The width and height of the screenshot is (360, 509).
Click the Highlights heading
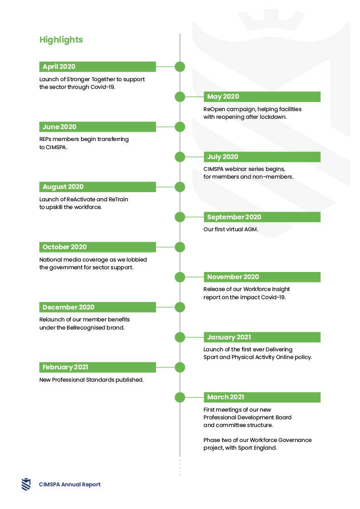tap(61, 39)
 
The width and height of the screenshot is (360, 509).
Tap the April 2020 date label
tap(59, 67)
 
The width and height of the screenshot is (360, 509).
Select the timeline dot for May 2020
tap(180, 97)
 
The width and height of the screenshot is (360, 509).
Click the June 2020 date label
tap(59, 127)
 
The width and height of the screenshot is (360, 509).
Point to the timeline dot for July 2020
tap(180, 157)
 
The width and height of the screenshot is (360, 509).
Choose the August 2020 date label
tap(63, 187)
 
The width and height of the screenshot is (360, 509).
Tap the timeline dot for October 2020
tap(180, 247)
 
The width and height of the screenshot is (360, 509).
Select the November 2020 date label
tap(233, 277)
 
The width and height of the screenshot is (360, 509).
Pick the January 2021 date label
tap(229, 337)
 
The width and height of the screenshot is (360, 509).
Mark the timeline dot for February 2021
tap(180, 367)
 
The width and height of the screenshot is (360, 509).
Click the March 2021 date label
tap(226, 397)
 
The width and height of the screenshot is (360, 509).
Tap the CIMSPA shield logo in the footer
tap(26, 484)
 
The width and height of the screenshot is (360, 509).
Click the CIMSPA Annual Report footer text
tap(69, 485)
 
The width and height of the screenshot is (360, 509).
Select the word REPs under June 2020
tap(45, 139)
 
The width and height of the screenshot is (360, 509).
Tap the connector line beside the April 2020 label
tap(165, 67)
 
